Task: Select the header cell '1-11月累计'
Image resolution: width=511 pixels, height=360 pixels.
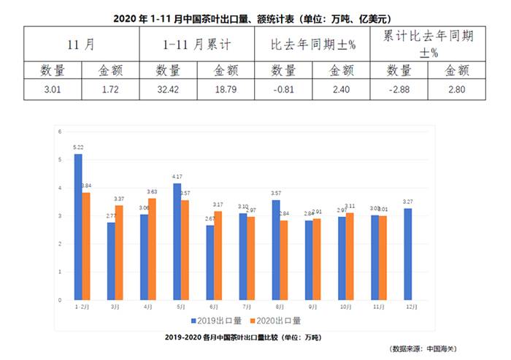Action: coord(196,45)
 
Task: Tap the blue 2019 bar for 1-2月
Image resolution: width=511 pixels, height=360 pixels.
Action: coord(78,226)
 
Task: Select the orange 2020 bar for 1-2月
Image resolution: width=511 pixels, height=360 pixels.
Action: coord(86,246)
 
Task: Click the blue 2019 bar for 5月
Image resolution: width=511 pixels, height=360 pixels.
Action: coord(177,242)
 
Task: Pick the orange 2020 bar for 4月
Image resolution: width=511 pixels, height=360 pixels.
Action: coord(152,249)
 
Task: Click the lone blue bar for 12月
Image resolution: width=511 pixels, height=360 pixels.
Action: coord(407,254)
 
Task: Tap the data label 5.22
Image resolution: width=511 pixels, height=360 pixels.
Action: coord(78,148)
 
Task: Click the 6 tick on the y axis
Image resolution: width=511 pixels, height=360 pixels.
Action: coord(60,131)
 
